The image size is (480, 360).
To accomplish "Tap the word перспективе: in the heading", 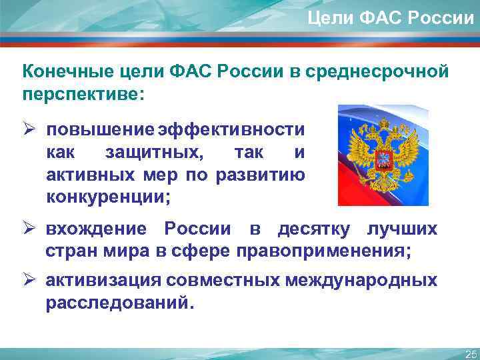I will (83, 93).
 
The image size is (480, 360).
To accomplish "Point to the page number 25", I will (471, 353).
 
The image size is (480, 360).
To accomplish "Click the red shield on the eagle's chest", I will (383, 160).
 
